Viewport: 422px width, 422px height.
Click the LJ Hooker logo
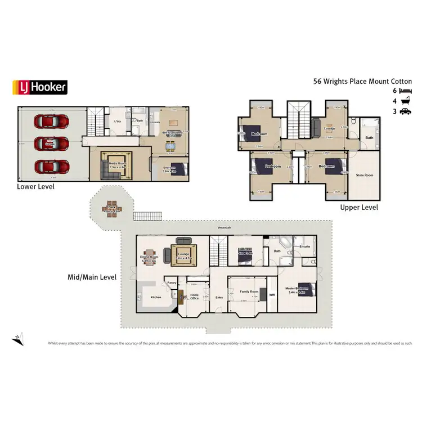40,87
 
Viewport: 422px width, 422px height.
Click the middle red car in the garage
51,144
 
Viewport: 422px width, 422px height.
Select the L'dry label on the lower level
118,122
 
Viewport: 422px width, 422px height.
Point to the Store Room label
365,176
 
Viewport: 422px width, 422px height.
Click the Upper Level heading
359,208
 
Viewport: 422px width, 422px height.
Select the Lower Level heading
35,186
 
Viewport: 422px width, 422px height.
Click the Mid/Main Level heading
92,277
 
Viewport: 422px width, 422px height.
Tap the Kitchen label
156,297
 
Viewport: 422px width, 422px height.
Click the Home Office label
195,297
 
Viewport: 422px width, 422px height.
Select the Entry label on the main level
218,297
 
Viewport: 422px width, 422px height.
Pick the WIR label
272,294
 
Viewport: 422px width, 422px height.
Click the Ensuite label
305,246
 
